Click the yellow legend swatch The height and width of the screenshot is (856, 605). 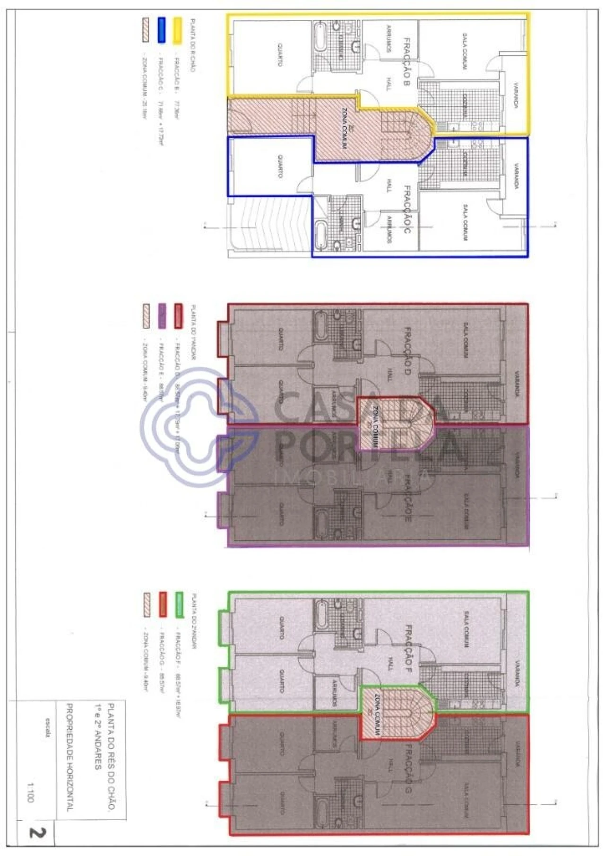177,31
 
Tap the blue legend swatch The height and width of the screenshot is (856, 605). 161,31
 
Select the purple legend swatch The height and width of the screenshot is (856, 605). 162,316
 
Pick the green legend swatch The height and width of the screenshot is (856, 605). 179,605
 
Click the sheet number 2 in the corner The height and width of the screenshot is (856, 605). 36,832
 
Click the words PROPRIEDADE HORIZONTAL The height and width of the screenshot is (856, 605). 69,757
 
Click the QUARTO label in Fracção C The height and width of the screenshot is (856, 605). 280,166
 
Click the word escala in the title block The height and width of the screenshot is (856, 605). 48,728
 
